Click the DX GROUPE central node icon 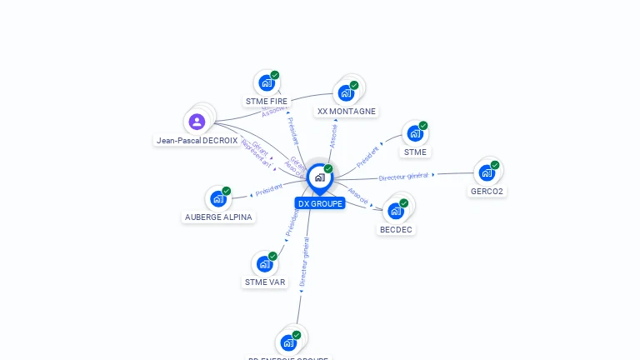click(319, 177)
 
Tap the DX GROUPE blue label click(320, 203)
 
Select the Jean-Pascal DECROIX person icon click(197, 122)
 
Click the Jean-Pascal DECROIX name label click(197, 141)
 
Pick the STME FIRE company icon click(266, 83)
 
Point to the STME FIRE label click(267, 102)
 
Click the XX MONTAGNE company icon click(345, 93)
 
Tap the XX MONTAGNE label click(347, 112)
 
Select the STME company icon click(414, 133)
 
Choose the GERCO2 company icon click(486, 173)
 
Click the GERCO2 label click(487, 192)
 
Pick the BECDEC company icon click(396, 211)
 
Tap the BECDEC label click(397, 229)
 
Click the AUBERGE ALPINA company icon click(217, 199)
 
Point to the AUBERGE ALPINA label click(218, 217)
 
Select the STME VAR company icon click(264, 264)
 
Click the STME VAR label click(265, 282)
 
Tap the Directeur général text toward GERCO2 click(403, 177)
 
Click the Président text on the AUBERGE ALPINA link click(269, 191)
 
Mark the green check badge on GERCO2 click(495, 165)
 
